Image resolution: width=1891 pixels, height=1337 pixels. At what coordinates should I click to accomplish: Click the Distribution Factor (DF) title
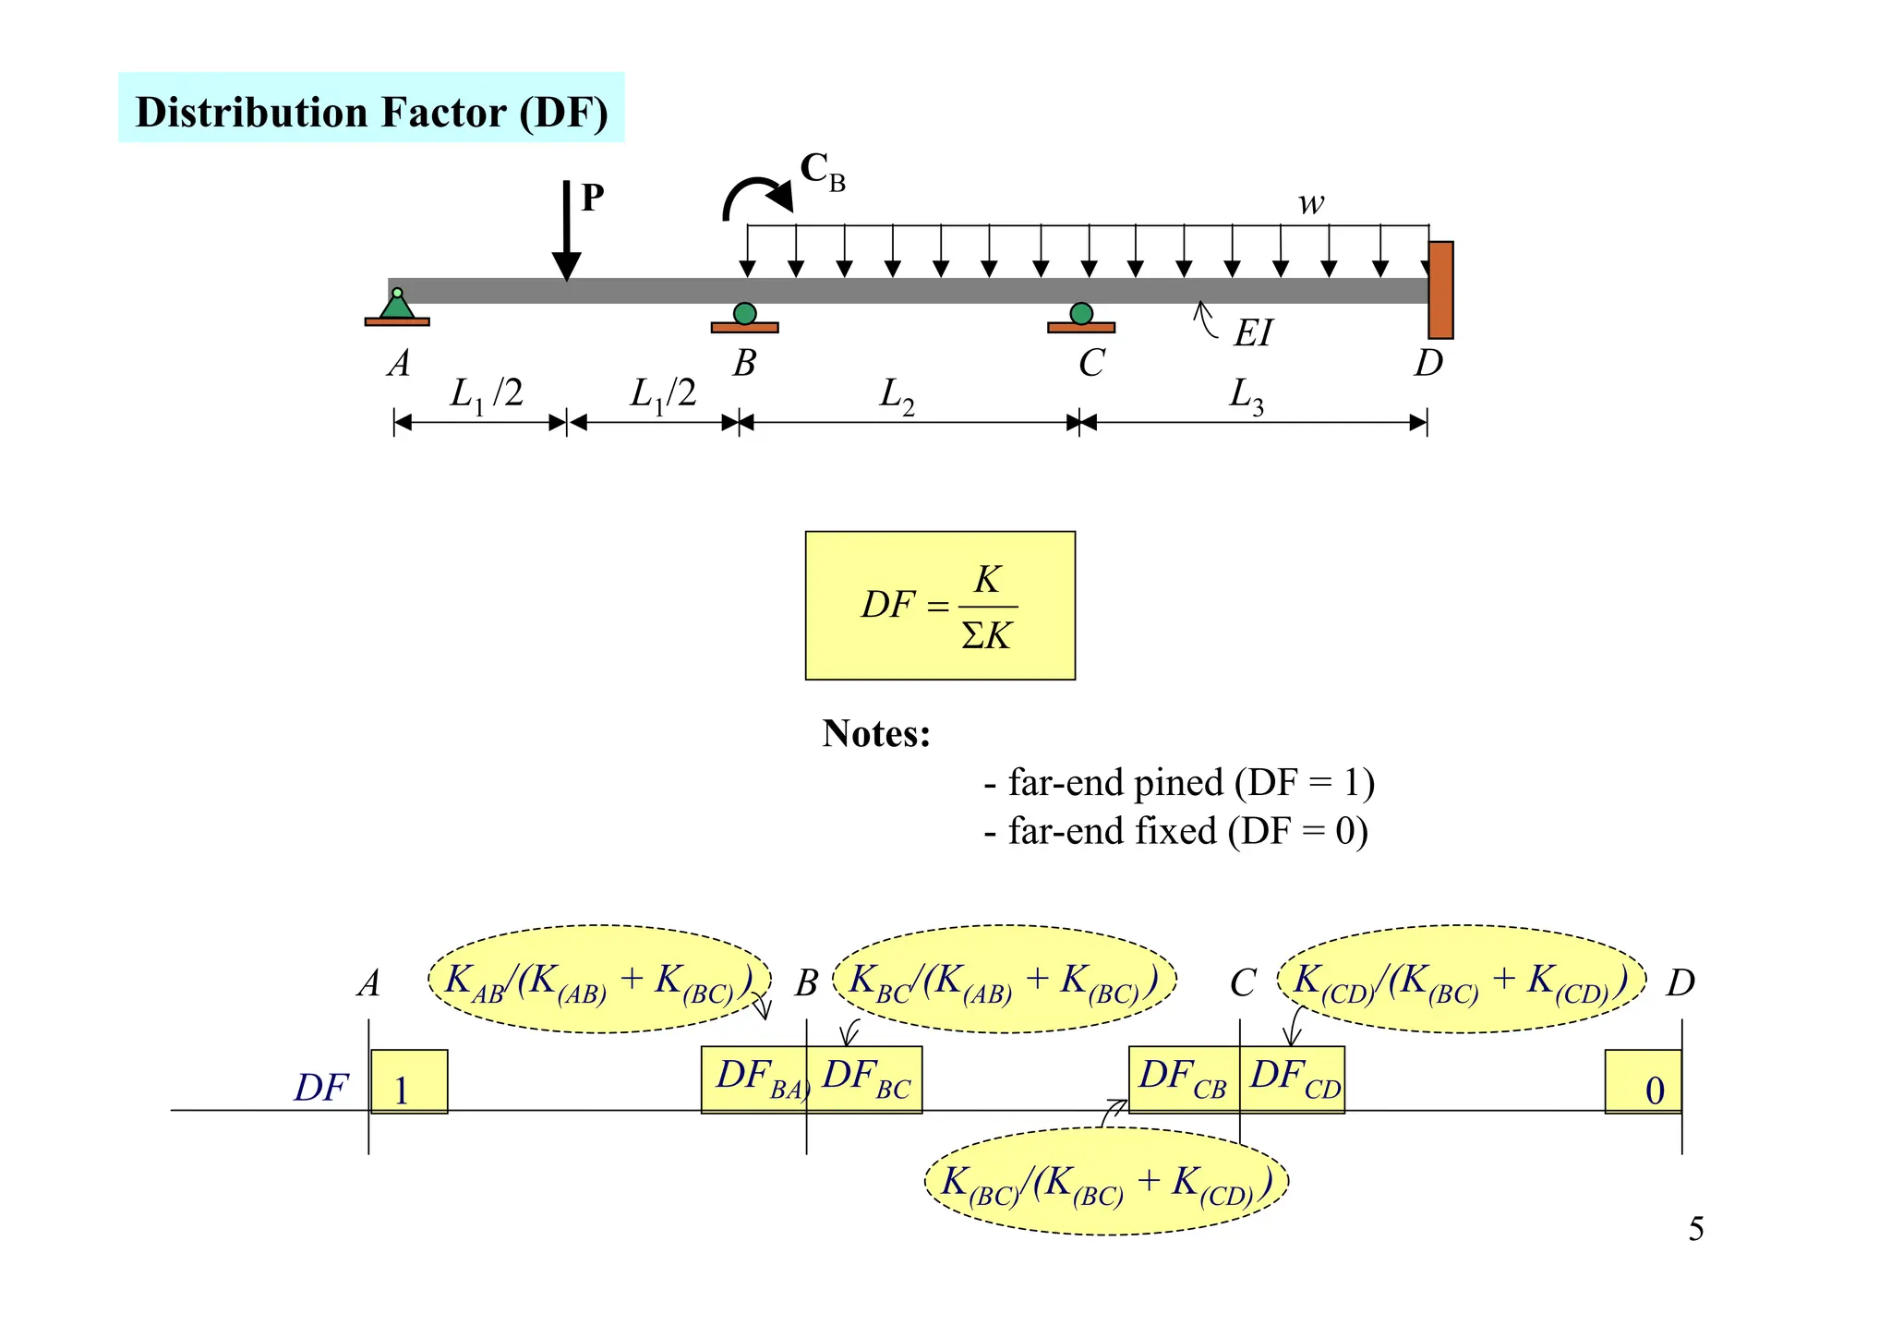coord(371,112)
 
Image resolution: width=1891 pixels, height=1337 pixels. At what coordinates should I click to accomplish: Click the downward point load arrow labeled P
coord(566,231)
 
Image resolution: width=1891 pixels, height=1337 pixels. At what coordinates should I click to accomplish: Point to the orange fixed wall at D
coord(1439,290)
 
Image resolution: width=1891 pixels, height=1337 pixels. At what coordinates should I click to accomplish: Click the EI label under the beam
coord(1253,333)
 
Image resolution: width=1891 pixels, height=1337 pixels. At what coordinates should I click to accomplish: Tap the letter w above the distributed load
coord(1310,203)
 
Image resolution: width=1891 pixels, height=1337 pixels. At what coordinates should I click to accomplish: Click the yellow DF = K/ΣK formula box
coord(940,606)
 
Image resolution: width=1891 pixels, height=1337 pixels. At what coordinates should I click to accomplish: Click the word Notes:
coord(876,734)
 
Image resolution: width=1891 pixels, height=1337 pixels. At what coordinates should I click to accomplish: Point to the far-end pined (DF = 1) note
coord(1179,783)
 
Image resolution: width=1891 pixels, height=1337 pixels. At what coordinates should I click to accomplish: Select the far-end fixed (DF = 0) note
coord(1175,831)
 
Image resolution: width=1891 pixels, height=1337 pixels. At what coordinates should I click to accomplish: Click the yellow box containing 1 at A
coord(409,1082)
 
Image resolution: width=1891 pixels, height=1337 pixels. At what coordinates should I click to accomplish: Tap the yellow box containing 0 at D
coord(1643,1082)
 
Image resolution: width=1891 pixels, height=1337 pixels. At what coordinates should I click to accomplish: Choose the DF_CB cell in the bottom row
coord(1184,1079)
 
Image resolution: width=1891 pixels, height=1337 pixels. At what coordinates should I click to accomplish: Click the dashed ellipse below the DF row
coord(1106,1182)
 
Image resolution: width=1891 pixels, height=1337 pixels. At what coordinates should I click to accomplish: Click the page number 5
coord(1695,1229)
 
